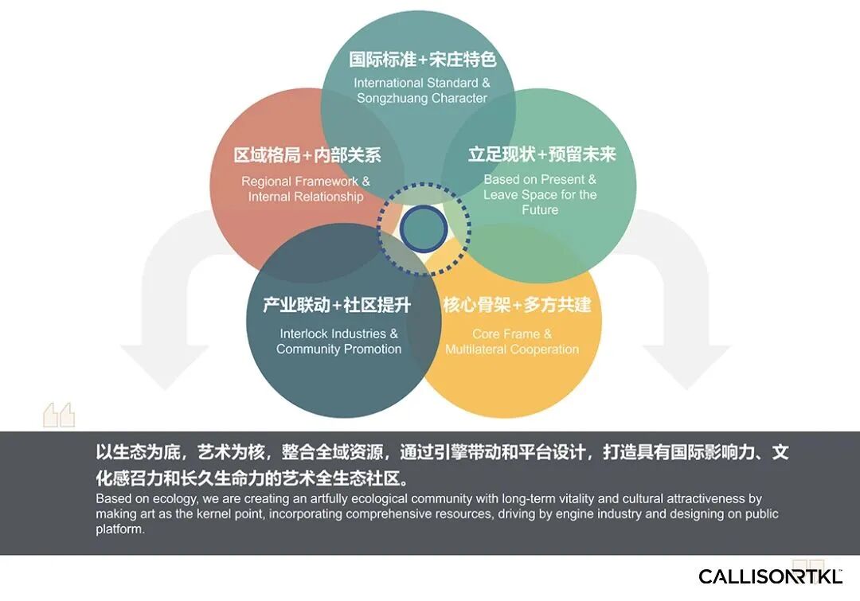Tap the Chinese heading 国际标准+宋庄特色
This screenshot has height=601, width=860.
[x=422, y=60]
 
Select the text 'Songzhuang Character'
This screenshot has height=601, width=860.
[x=422, y=99]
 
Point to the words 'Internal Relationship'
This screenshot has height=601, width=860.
[x=306, y=197]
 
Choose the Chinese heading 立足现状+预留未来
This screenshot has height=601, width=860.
[x=541, y=154]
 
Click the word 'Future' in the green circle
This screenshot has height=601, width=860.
[x=540, y=210]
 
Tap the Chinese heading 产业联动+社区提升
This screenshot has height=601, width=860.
[x=337, y=305]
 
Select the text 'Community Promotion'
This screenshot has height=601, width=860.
[x=338, y=349]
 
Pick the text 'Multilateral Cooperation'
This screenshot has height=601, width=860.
[x=512, y=349]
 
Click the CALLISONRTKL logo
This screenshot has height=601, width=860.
[x=770, y=576]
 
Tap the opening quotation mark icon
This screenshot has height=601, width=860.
[x=59, y=414]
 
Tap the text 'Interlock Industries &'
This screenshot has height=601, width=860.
[x=338, y=334]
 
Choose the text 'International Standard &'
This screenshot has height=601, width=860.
[x=422, y=84]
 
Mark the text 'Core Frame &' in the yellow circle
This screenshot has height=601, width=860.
[x=512, y=334]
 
